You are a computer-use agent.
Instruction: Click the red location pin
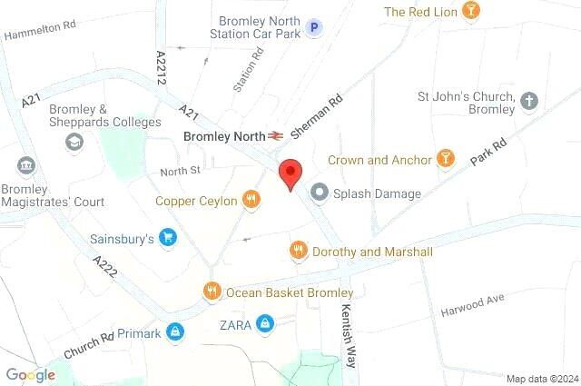point(290,173)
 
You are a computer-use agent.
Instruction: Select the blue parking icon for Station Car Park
point(314,28)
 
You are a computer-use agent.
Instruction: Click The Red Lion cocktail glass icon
point(471,12)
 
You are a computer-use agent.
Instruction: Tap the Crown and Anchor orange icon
point(446,159)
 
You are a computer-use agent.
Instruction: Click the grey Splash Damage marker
point(320,193)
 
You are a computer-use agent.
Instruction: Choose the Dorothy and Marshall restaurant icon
point(298,251)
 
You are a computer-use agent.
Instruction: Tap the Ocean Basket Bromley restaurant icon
point(212,292)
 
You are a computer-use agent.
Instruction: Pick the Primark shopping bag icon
point(176,333)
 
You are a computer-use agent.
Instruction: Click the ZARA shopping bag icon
point(264,323)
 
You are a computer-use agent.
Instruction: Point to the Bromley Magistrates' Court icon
point(25,166)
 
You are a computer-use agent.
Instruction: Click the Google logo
point(30,374)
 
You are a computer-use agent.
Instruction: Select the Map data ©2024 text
point(541,379)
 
